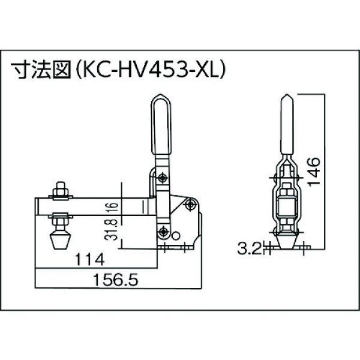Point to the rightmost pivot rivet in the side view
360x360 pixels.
tap(191, 204)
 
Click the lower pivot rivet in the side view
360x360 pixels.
tap(163, 232)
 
